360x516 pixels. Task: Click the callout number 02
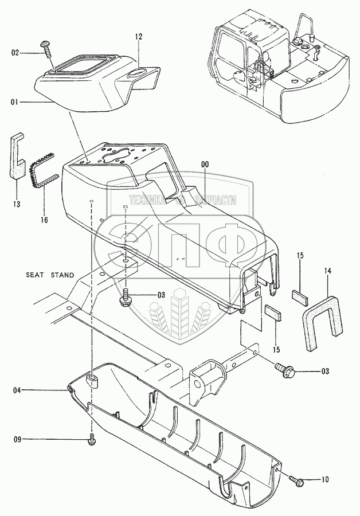coord(15,53)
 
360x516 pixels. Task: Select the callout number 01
coord(15,102)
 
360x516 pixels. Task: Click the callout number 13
coord(17,204)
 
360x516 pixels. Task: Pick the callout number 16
coord(44,220)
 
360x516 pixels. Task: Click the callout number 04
coord(17,390)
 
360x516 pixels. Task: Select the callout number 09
coord(17,439)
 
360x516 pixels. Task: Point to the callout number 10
coord(324,480)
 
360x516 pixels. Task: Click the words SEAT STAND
coord(50,275)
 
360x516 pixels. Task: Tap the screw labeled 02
coord(46,48)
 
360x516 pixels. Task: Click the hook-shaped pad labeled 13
coord(17,155)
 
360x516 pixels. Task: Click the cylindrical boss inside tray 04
coord(92,381)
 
